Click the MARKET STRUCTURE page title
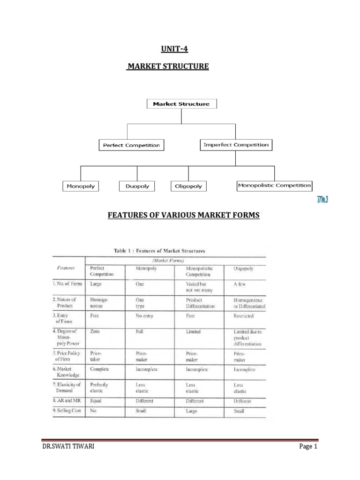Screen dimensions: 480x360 tap(168, 67)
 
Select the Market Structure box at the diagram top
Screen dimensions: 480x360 tap(181, 104)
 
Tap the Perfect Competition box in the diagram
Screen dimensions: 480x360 tap(131, 145)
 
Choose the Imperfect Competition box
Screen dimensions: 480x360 tap(236, 145)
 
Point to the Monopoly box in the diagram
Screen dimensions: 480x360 tap(81, 186)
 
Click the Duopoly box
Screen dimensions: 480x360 tap(137, 186)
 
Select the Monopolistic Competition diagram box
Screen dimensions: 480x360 tap(274, 186)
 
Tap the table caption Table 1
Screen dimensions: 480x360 tap(159, 251)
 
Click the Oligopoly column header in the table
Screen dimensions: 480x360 tap(246, 269)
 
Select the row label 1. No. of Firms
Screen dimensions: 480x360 tap(67, 283)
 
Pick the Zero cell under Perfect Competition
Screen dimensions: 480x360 tap(95, 331)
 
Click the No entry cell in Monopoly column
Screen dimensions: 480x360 tap(144, 316)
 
